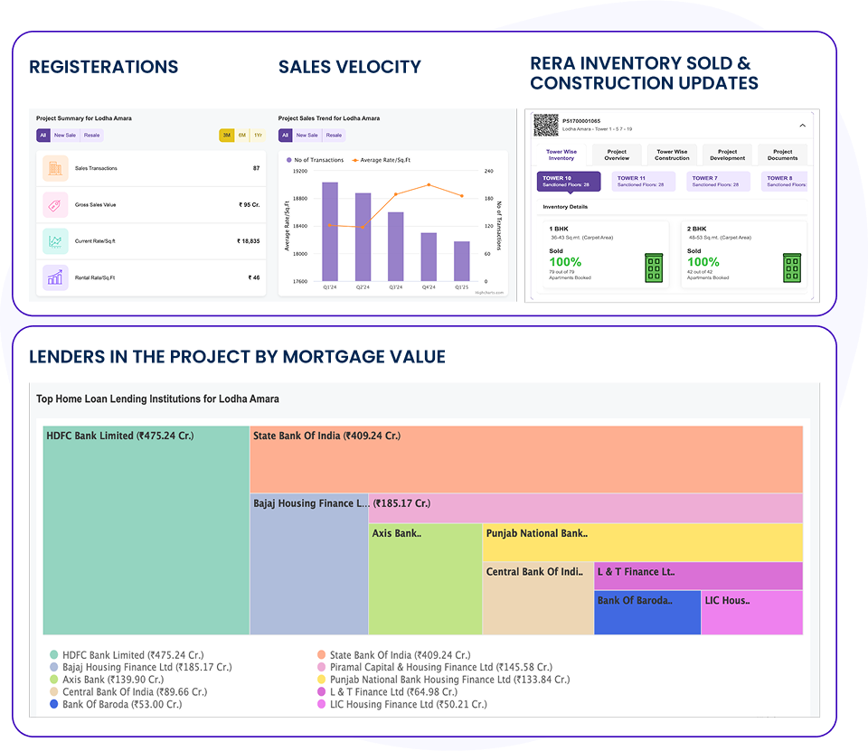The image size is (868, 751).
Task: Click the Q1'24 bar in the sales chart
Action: tap(330, 231)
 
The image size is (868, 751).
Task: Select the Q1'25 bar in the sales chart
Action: tap(461, 261)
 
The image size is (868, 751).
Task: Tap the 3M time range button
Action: tap(227, 136)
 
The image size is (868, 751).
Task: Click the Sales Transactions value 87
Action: tap(256, 168)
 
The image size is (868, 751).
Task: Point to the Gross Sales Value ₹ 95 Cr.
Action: tap(249, 205)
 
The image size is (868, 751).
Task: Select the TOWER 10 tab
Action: tap(568, 182)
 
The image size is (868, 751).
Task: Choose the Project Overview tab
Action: tap(617, 155)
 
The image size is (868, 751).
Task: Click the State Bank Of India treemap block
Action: tap(526, 459)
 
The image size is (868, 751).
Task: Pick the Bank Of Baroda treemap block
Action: tap(647, 612)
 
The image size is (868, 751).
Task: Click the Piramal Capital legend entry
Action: tap(441, 667)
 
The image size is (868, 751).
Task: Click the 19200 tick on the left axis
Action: tap(298, 171)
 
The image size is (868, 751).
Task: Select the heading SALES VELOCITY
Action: tap(349, 67)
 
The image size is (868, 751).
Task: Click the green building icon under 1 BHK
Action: tap(654, 268)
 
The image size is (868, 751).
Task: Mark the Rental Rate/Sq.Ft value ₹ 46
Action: tap(254, 277)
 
